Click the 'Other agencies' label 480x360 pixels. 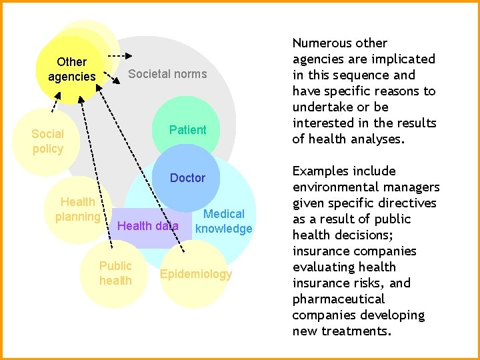click(71, 69)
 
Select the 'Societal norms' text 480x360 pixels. click(167, 74)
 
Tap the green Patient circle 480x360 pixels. click(187, 129)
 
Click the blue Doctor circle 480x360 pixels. click(187, 178)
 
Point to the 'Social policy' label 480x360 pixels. click(47, 141)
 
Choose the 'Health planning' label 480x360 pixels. click(77, 209)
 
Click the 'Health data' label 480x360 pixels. click(147, 226)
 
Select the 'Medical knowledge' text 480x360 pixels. click(224, 221)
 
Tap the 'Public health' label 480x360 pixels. click(115, 273)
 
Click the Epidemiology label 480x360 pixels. click(196, 274)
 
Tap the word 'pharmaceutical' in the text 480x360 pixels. click(339, 299)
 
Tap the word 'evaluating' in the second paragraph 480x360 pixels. click(325, 267)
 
